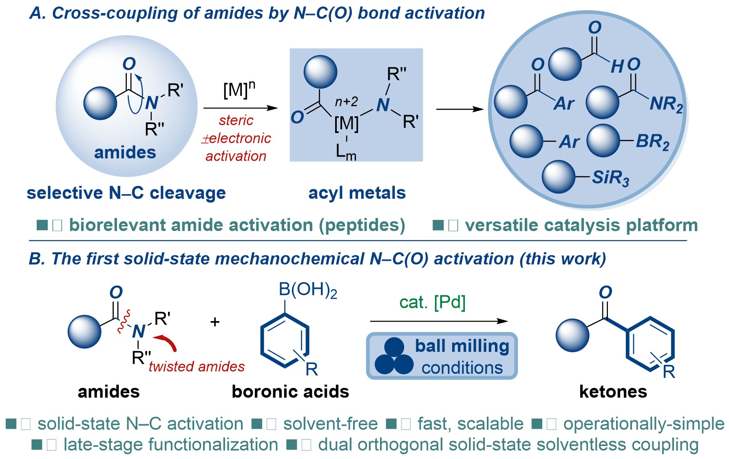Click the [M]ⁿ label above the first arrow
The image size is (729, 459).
point(239,89)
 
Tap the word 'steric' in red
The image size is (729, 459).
point(236,120)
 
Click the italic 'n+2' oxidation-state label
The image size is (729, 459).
point(346,102)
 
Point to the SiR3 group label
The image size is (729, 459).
point(610,178)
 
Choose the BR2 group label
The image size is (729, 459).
point(652,142)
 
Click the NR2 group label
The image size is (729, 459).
point(666,104)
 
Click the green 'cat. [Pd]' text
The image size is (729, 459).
point(433,302)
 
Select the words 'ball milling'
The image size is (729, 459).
point(462,346)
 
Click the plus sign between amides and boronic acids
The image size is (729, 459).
point(215,322)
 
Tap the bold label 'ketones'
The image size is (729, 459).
point(613,392)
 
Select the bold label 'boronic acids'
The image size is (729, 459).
point(290,392)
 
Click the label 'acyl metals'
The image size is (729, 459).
point(357,193)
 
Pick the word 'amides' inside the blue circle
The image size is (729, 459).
point(125,153)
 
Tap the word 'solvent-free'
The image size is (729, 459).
point(330,424)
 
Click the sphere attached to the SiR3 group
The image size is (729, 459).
point(558,177)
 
